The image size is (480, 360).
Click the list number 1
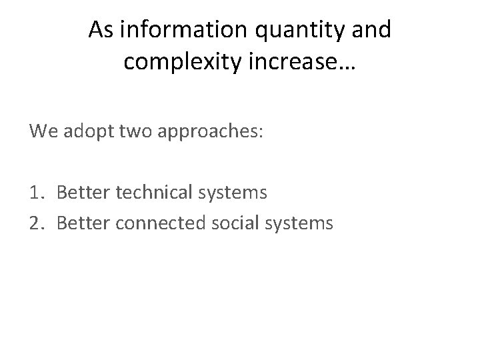(x=35, y=193)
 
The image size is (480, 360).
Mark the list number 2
(x=36, y=223)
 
